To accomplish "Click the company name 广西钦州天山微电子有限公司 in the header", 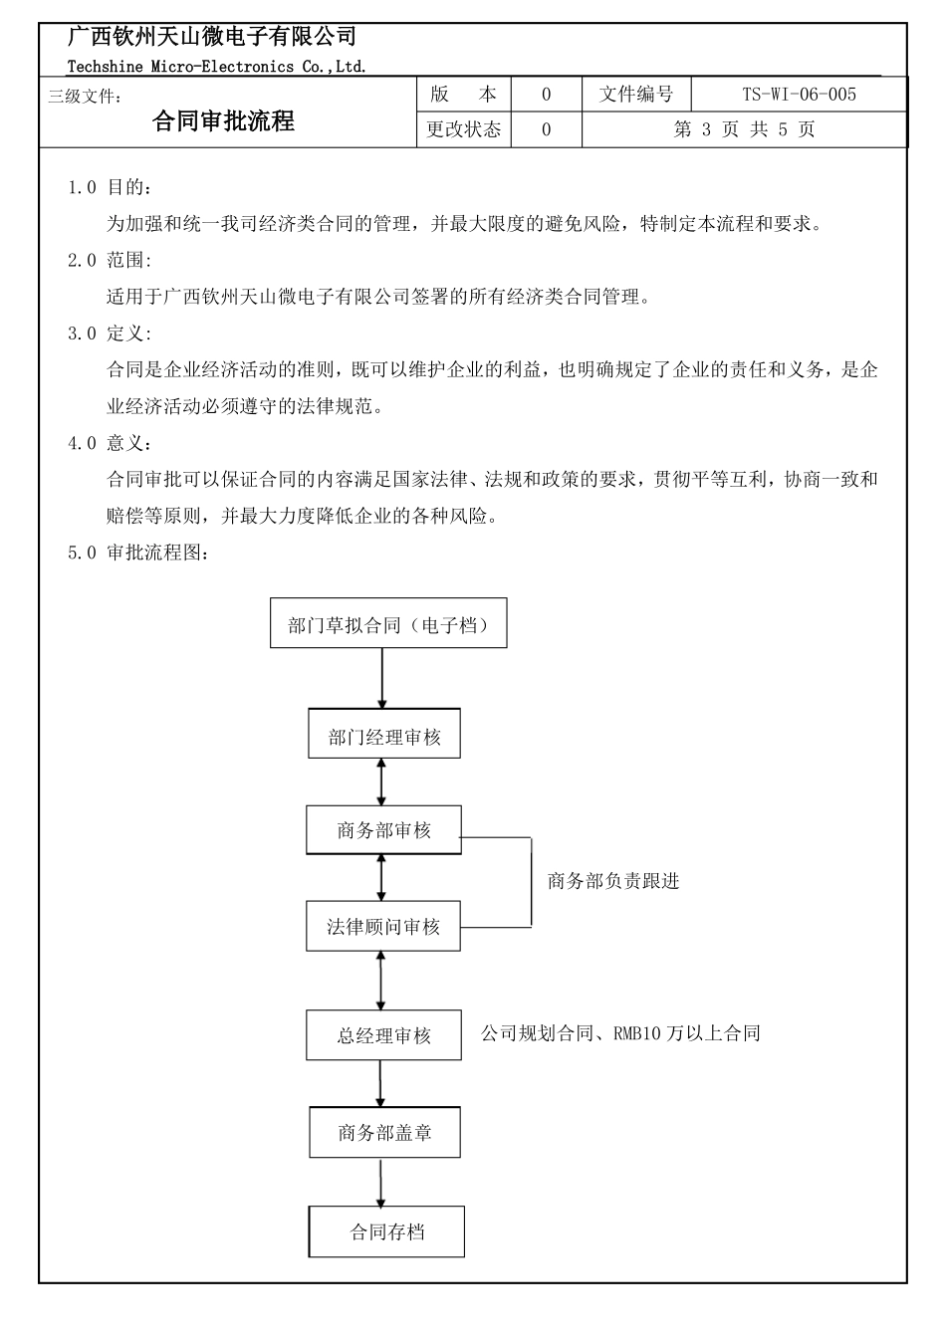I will coord(211,38).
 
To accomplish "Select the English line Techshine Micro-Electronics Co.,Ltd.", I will coord(216,67).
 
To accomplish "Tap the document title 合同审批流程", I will coord(223,121).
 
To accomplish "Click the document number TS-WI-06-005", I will coord(799,95).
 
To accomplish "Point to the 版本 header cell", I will coord(463,95).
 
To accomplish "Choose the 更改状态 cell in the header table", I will coord(463,129).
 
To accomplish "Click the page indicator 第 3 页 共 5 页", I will coord(744,129).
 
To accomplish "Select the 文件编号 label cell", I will coord(635,95).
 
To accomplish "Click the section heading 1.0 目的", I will coord(111,187).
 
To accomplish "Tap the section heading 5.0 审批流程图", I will coord(138,553).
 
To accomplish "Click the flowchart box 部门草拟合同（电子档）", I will coord(388,625).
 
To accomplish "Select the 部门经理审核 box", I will coord(384,737).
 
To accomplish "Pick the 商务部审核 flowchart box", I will coord(383,830).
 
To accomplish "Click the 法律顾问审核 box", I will coord(383,927).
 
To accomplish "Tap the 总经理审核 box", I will coord(383,1035).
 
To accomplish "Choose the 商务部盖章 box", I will coord(384,1132).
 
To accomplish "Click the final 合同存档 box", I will coord(386,1231).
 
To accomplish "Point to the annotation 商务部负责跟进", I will coord(613,880).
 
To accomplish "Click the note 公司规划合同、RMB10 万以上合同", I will coord(620,1033).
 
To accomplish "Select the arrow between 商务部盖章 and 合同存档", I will coord(381,1182).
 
